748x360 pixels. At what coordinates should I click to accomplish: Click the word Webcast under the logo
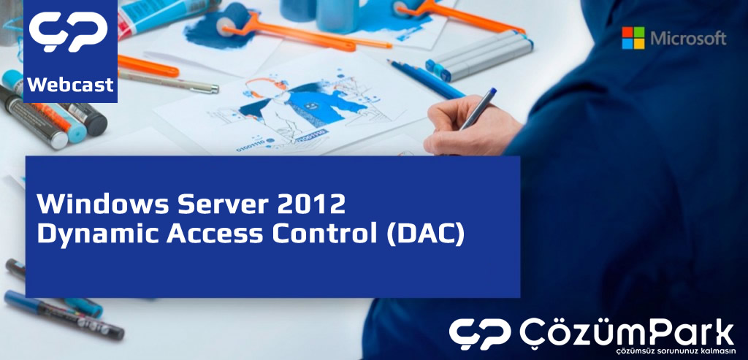pyautogui.click(x=71, y=85)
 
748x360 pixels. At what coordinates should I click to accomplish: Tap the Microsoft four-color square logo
pyautogui.click(x=633, y=38)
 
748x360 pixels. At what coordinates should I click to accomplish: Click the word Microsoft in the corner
pyautogui.click(x=688, y=38)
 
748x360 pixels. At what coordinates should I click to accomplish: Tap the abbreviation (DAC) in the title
pyautogui.click(x=425, y=234)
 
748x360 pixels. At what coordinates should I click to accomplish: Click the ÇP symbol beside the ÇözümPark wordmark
pyautogui.click(x=479, y=334)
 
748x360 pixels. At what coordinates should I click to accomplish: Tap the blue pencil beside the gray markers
pyautogui.click(x=426, y=79)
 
